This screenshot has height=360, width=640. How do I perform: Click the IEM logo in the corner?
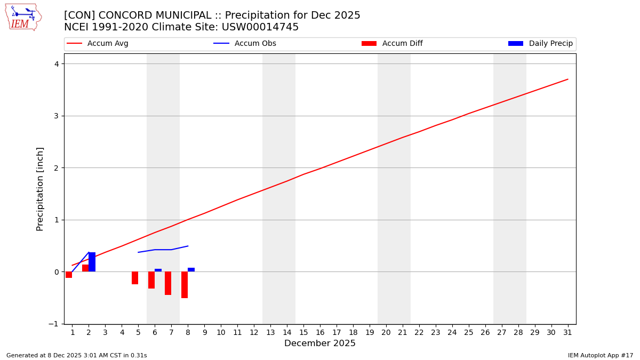click(x=23, y=17)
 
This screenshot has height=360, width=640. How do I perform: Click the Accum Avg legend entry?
click(x=107, y=44)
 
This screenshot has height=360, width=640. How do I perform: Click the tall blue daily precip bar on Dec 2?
click(x=92, y=262)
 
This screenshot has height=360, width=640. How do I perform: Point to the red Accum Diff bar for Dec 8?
click(x=185, y=285)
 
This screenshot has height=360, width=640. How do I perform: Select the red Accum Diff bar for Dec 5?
click(x=135, y=278)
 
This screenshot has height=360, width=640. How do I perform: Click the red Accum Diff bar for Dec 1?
click(x=69, y=275)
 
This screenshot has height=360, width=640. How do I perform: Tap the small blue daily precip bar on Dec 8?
click(x=191, y=270)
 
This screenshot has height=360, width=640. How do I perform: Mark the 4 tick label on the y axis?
click(x=56, y=64)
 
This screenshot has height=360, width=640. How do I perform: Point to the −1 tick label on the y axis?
click(x=54, y=324)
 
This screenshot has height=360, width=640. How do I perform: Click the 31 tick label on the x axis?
click(x=567, y=332)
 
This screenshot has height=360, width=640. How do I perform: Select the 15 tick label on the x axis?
click(x=303, y=332)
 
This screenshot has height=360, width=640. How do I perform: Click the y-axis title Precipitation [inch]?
click(x=40, y=189)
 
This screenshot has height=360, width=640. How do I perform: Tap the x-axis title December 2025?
click(x=319, y=343)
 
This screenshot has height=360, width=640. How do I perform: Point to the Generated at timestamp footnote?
click(x=76, y=355)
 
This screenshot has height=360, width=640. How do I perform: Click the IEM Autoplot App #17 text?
click(x=600, y=355)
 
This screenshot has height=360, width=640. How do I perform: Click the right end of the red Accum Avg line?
click(x=567, y=79)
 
